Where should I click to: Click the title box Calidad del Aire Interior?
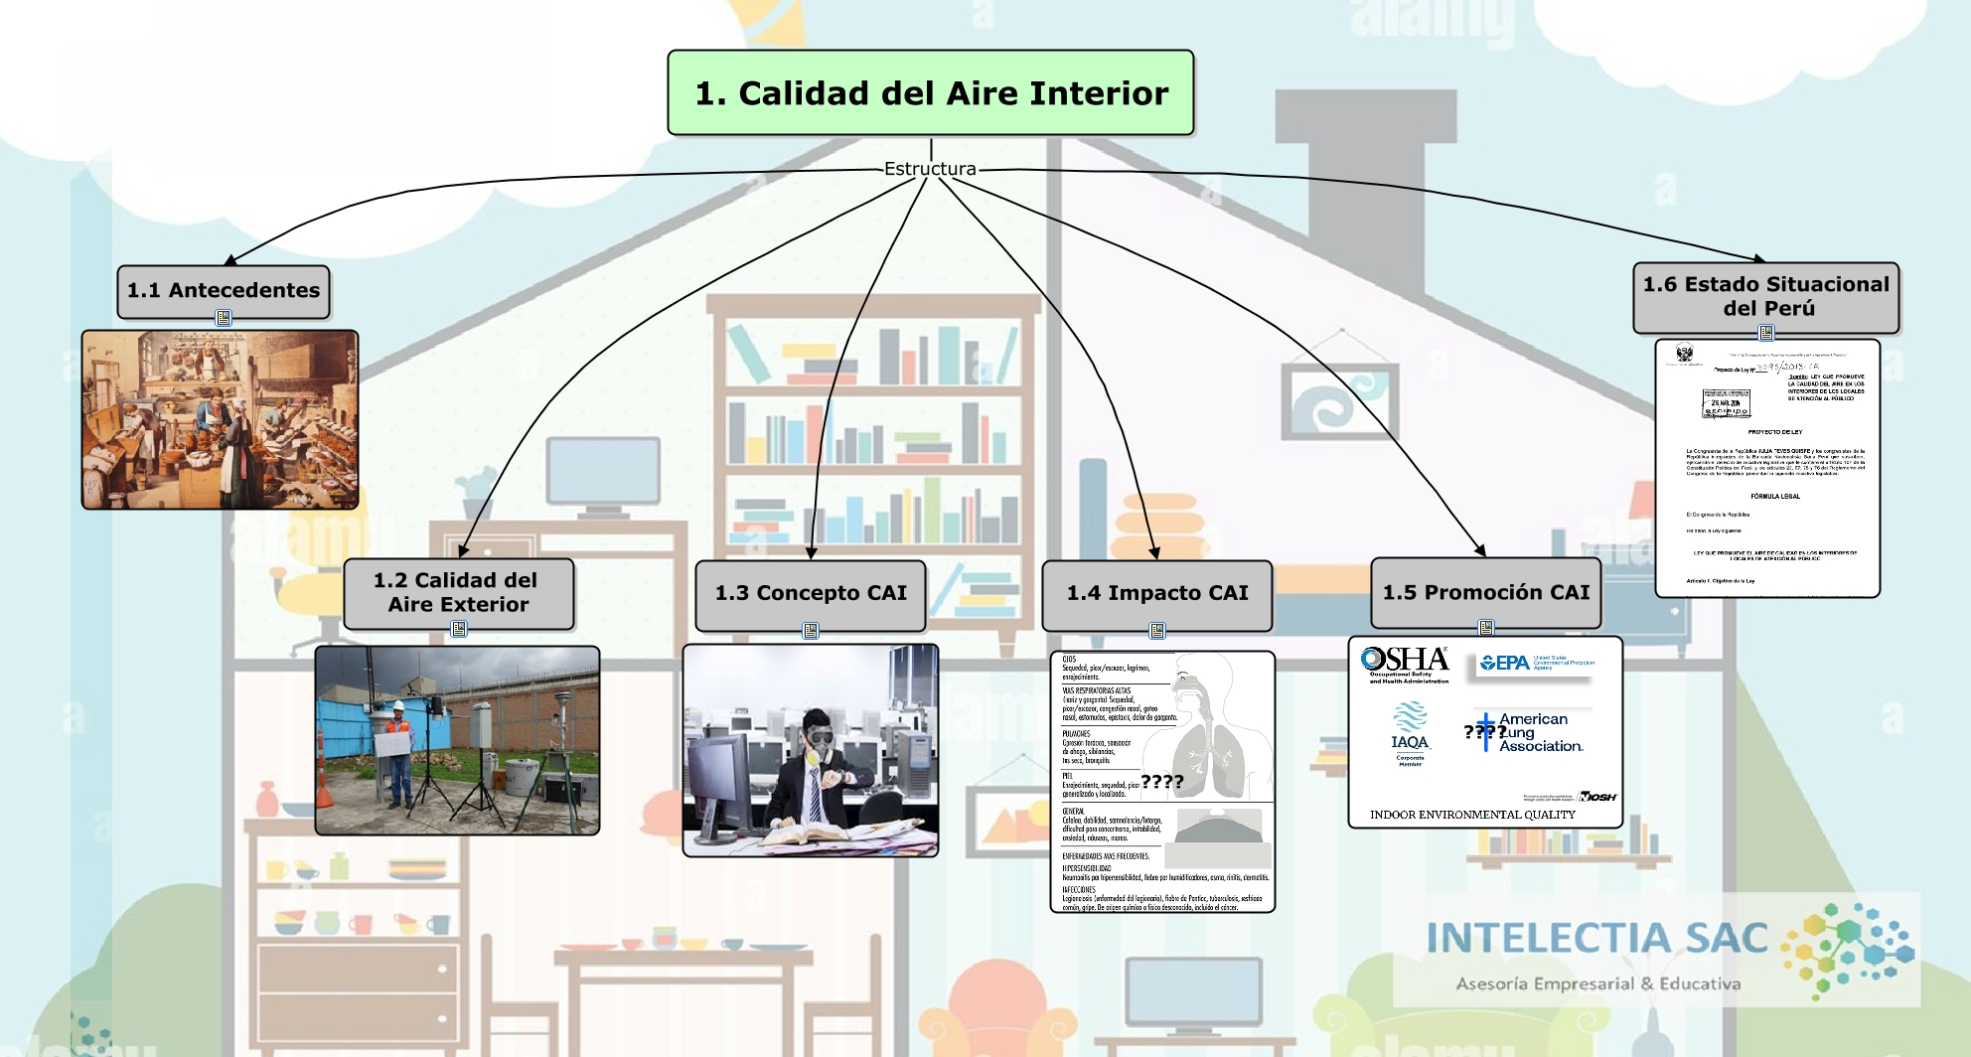tap(931, 92)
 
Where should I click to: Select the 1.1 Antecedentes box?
tap(224, 290)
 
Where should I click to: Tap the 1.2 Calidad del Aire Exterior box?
tap(458, 592)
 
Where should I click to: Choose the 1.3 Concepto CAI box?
tap(811, 593)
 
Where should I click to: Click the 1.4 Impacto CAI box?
tap(1157, 593)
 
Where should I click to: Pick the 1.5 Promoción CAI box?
tap(1485, 592)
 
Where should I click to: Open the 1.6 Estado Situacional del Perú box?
tap(1765, 296)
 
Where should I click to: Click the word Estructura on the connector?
tap(930, 169)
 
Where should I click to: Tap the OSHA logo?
tap(1405, 664)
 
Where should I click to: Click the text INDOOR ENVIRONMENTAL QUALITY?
tap(1472, 815)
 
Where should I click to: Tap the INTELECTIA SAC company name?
tap(1596, 938)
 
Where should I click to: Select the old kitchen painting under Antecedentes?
tap(220, 419)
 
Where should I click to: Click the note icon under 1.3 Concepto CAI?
tap(811, 631)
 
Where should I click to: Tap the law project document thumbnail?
tap(1767, 467)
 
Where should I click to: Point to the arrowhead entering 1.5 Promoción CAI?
tap(1480, 550)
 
